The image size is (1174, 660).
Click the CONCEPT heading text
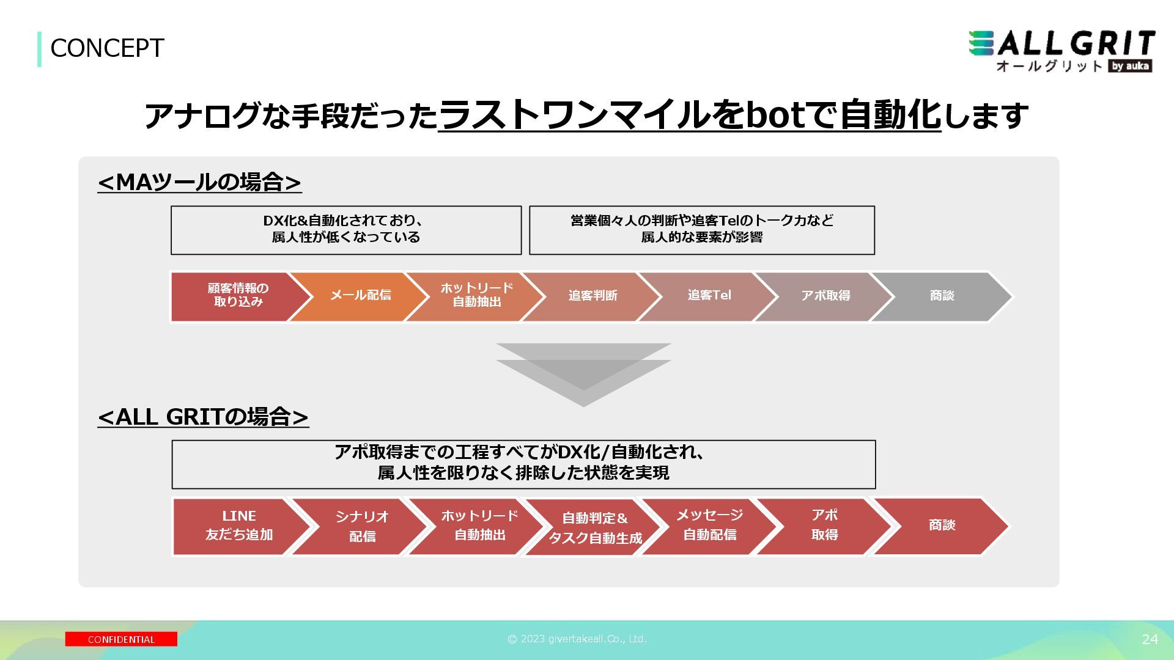(107, 48)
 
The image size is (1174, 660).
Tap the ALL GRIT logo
(1061, 51)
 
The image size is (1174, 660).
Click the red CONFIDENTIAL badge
(121, 639)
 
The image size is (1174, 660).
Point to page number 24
(1150, 639)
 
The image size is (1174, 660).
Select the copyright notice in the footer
(577, 639)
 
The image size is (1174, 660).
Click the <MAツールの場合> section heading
(199, 182)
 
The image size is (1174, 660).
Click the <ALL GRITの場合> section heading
(203, 417)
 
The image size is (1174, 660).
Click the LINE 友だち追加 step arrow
(238, 526)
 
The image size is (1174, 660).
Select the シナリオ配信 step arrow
(361, 526)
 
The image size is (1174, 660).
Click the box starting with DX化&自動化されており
(346, 230)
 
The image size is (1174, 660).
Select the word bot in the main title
(775, 115)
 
